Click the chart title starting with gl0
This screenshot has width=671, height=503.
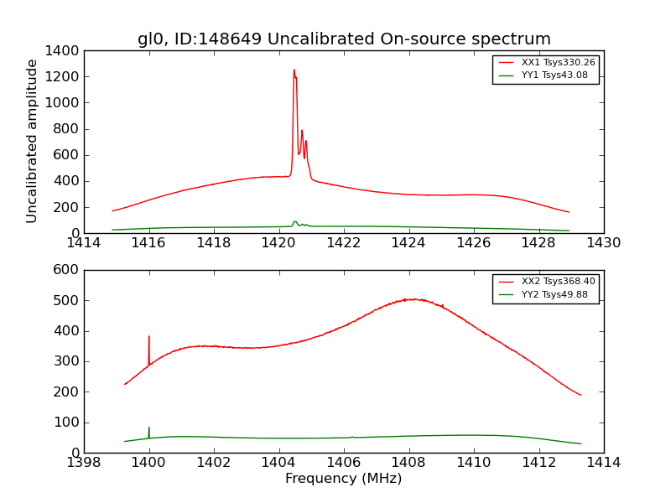click(x=344, y=39)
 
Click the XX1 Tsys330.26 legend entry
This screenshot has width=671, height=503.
click(x=545, y=62)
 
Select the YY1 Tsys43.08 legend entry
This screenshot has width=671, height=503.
click(x=545, y=75)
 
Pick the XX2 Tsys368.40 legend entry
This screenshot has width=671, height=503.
click(x=545, y=282)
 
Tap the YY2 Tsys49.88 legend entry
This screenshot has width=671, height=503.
click(x=545, y=294)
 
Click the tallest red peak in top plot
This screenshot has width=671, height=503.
click(x=294, y=71)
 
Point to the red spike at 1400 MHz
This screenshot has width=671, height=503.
click(x=149, y=338)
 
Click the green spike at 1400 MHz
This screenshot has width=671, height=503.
click(x=149, y=428)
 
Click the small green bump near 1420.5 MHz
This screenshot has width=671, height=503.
click(x=294, y=222)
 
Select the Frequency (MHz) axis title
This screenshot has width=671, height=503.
click(x=344, y=479)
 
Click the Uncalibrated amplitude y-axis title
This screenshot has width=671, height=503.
click(x=32, y=141)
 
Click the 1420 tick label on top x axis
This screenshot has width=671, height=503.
click(x=278, y=243)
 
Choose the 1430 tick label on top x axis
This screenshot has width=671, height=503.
click(x=603, y=243)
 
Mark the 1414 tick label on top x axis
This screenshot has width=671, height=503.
click(x=84, y=243)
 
